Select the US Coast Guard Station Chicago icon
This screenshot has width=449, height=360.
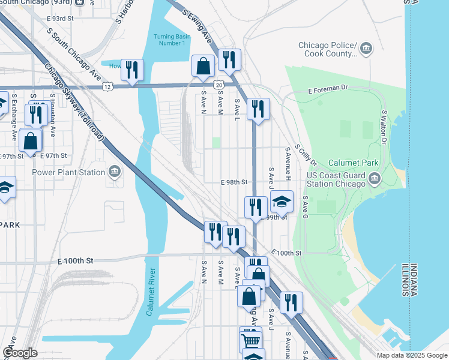[374, 178]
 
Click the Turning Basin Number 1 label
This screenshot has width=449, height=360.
[172, 40]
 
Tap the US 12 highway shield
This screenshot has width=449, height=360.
[107, 86]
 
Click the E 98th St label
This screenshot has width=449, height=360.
[234, 181]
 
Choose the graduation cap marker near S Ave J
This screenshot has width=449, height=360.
[281, 202]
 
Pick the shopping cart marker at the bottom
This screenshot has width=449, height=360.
[251, 340]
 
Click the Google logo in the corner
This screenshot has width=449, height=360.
[20, 353]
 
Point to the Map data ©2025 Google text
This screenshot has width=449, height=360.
[412, 355]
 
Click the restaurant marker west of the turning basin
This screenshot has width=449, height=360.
[132, 70]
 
